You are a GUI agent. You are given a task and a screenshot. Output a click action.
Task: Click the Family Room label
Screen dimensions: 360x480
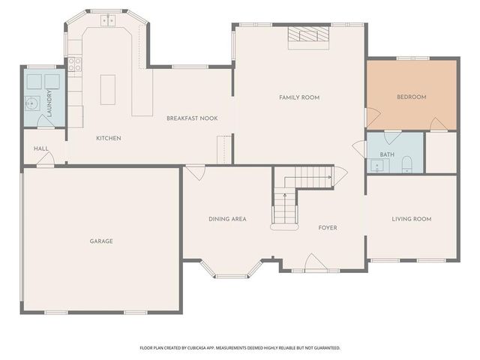tap(299, 97)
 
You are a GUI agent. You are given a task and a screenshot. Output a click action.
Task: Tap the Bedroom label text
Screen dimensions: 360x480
tap(411, 97)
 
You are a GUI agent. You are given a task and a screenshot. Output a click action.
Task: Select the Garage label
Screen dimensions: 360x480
tap(101, 241)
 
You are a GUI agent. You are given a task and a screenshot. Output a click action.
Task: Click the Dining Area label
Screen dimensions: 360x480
tap(227, 219)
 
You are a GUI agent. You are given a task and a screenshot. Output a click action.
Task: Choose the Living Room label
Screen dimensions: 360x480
tap(411, 219)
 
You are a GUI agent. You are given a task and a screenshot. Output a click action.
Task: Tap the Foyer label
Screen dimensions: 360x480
tap(328, 227)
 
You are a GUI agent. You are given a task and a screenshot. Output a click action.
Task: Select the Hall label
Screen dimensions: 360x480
tap(41, 148)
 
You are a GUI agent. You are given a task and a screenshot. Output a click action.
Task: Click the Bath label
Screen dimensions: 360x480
tap(387, 154)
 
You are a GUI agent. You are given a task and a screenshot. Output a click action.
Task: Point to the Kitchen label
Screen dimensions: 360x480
tap(108, 138)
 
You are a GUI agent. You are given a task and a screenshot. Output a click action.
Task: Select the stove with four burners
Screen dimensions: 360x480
tap(74, 64)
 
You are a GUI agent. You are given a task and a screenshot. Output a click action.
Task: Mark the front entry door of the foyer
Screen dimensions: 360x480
tap(314, 263)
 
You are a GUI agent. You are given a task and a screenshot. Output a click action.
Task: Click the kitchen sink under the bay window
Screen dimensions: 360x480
tap(107, 21)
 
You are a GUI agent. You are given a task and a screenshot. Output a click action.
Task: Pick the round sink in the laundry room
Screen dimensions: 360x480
tap(33, 103)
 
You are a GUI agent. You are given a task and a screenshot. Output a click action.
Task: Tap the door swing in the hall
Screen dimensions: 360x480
tap(44, 160)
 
